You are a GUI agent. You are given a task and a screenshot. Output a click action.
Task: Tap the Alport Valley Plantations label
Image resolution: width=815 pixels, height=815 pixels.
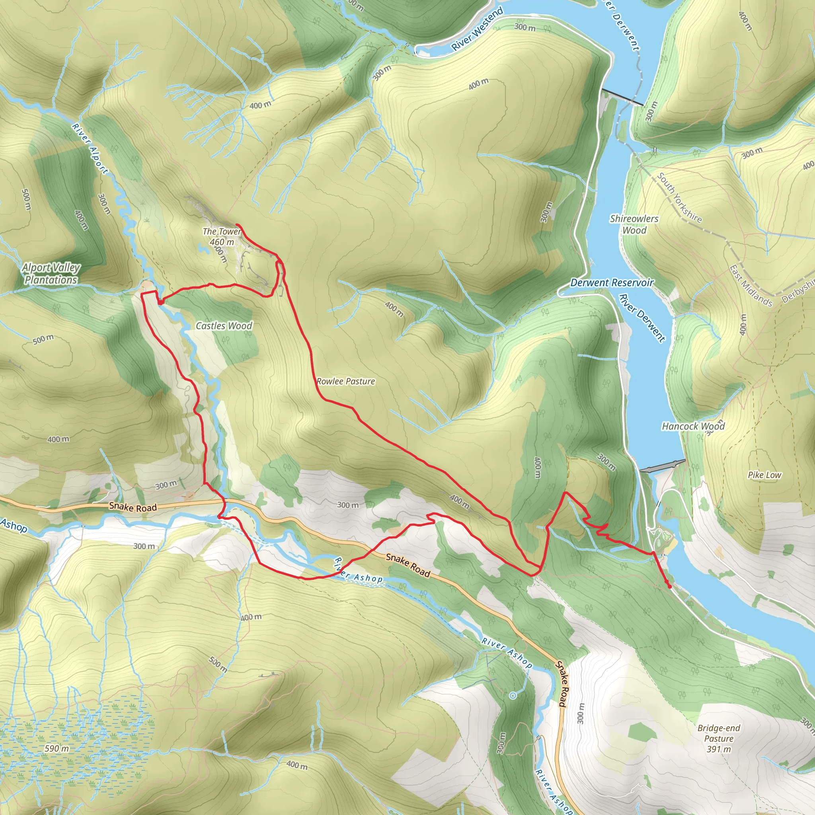[51, 274]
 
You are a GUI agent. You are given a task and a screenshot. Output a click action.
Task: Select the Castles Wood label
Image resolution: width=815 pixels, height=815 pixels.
[224, 326]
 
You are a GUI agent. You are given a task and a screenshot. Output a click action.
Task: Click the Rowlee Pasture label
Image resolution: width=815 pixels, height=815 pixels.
[345, 381]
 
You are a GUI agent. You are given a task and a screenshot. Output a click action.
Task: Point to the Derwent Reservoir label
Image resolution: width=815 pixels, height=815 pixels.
[612, 283]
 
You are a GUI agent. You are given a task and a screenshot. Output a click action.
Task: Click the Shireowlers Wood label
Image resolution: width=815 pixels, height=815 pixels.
[634, 224]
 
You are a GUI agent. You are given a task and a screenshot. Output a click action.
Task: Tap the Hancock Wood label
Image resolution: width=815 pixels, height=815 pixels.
[693, 427]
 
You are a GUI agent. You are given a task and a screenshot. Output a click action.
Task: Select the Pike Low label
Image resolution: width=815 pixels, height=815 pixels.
[764, 475]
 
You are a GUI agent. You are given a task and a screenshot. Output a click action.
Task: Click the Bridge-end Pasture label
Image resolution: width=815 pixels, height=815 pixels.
[718, 733]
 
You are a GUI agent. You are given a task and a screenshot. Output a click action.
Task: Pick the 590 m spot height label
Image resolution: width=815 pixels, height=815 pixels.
[57, 749]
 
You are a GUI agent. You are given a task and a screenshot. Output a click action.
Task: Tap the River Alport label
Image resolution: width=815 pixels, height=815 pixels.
[90, 148]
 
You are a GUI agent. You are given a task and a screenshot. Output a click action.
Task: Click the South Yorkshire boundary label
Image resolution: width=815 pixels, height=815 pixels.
[679, 197]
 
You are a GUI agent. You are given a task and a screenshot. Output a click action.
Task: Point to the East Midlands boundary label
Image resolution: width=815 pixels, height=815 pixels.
[751, 286]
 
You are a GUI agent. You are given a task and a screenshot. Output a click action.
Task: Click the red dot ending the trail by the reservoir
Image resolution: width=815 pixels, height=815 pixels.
[669, 586]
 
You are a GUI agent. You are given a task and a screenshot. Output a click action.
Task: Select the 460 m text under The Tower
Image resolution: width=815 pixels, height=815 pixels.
[222, 242]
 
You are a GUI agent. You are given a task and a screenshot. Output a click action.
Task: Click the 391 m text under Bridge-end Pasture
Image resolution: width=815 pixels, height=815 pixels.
[718, 749]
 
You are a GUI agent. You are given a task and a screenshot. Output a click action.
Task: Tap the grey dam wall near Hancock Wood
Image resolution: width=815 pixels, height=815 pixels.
[662, 466]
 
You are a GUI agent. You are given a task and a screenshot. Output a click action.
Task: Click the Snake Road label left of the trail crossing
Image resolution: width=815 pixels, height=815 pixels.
[133, 507]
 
